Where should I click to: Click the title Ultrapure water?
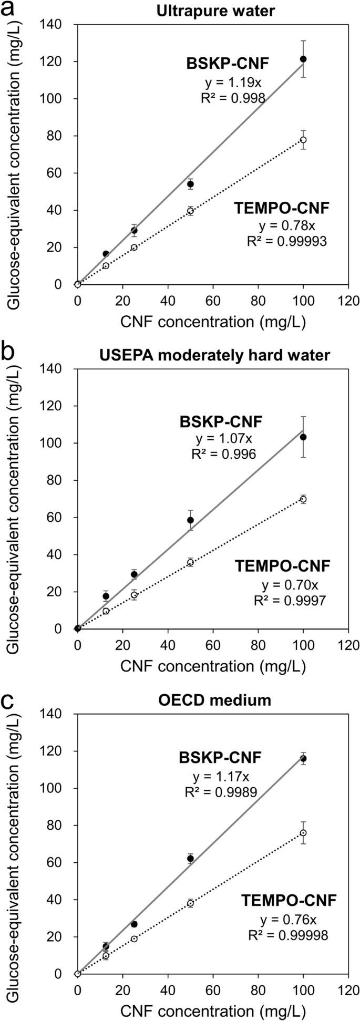[216, 11]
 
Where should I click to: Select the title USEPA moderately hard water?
[215, 355]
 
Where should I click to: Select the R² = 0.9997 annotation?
[289, 600]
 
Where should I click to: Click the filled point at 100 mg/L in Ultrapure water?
[303, 59]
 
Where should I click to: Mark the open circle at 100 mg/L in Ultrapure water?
[303, 140]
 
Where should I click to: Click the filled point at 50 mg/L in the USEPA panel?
[190, 520]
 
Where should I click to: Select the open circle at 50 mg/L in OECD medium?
[190, 903]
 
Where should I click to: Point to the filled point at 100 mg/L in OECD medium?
[303, 758]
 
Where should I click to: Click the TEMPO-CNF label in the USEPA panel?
[282, 566]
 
